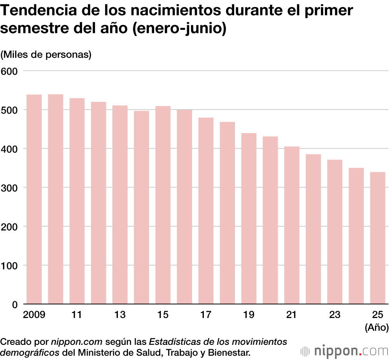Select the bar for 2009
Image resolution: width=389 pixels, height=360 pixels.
(34, 199)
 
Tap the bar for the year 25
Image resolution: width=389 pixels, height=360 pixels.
(377, 238)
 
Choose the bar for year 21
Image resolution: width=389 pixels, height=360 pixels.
(291, 225)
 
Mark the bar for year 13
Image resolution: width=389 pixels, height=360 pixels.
(120, 205)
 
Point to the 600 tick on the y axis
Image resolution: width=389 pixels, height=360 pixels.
(9, 71)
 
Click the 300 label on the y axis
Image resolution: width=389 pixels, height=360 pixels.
(9, 188)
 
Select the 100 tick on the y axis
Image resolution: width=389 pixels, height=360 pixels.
(9, 266)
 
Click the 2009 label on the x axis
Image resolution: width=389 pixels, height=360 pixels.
(34, 315)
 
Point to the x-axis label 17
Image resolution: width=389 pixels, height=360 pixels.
(206, 315)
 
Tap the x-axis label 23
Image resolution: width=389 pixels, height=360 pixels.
(334, 315)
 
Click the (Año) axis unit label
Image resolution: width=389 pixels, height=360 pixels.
(377, 328)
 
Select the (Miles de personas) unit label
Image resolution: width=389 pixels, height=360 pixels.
(46, 54)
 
